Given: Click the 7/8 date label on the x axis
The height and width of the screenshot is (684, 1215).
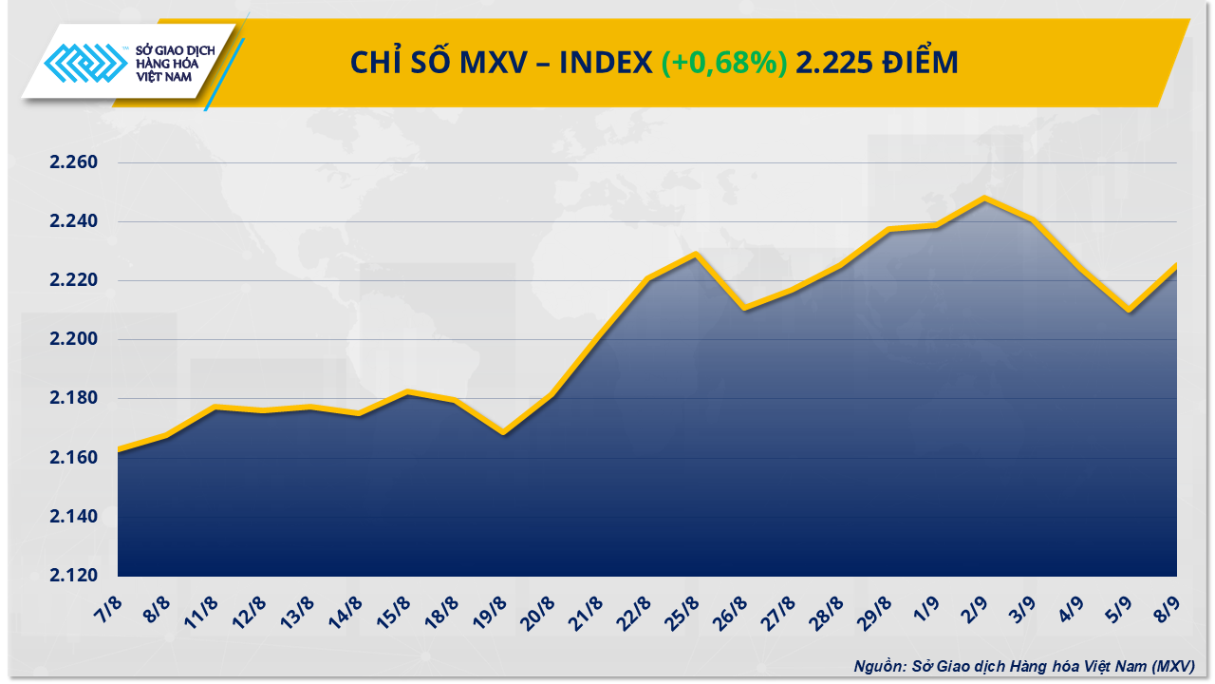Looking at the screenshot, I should coord(107,606).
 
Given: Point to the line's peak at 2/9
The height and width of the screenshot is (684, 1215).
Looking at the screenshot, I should coord(984,199).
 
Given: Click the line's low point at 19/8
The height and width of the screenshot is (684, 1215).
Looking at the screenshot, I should coord(503,433).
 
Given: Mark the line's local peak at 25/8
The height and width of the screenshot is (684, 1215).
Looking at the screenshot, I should coord(696,254).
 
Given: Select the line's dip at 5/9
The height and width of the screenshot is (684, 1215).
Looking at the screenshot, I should coord(1129,310).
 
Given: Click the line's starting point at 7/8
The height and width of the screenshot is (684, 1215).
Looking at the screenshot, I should coord(119,450).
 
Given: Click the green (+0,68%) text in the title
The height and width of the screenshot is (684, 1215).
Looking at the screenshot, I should coord(724,63).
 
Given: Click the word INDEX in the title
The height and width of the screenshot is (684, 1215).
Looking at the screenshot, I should coord(605,63).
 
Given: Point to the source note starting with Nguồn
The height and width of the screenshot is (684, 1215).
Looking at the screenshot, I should coord(1023,667).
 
